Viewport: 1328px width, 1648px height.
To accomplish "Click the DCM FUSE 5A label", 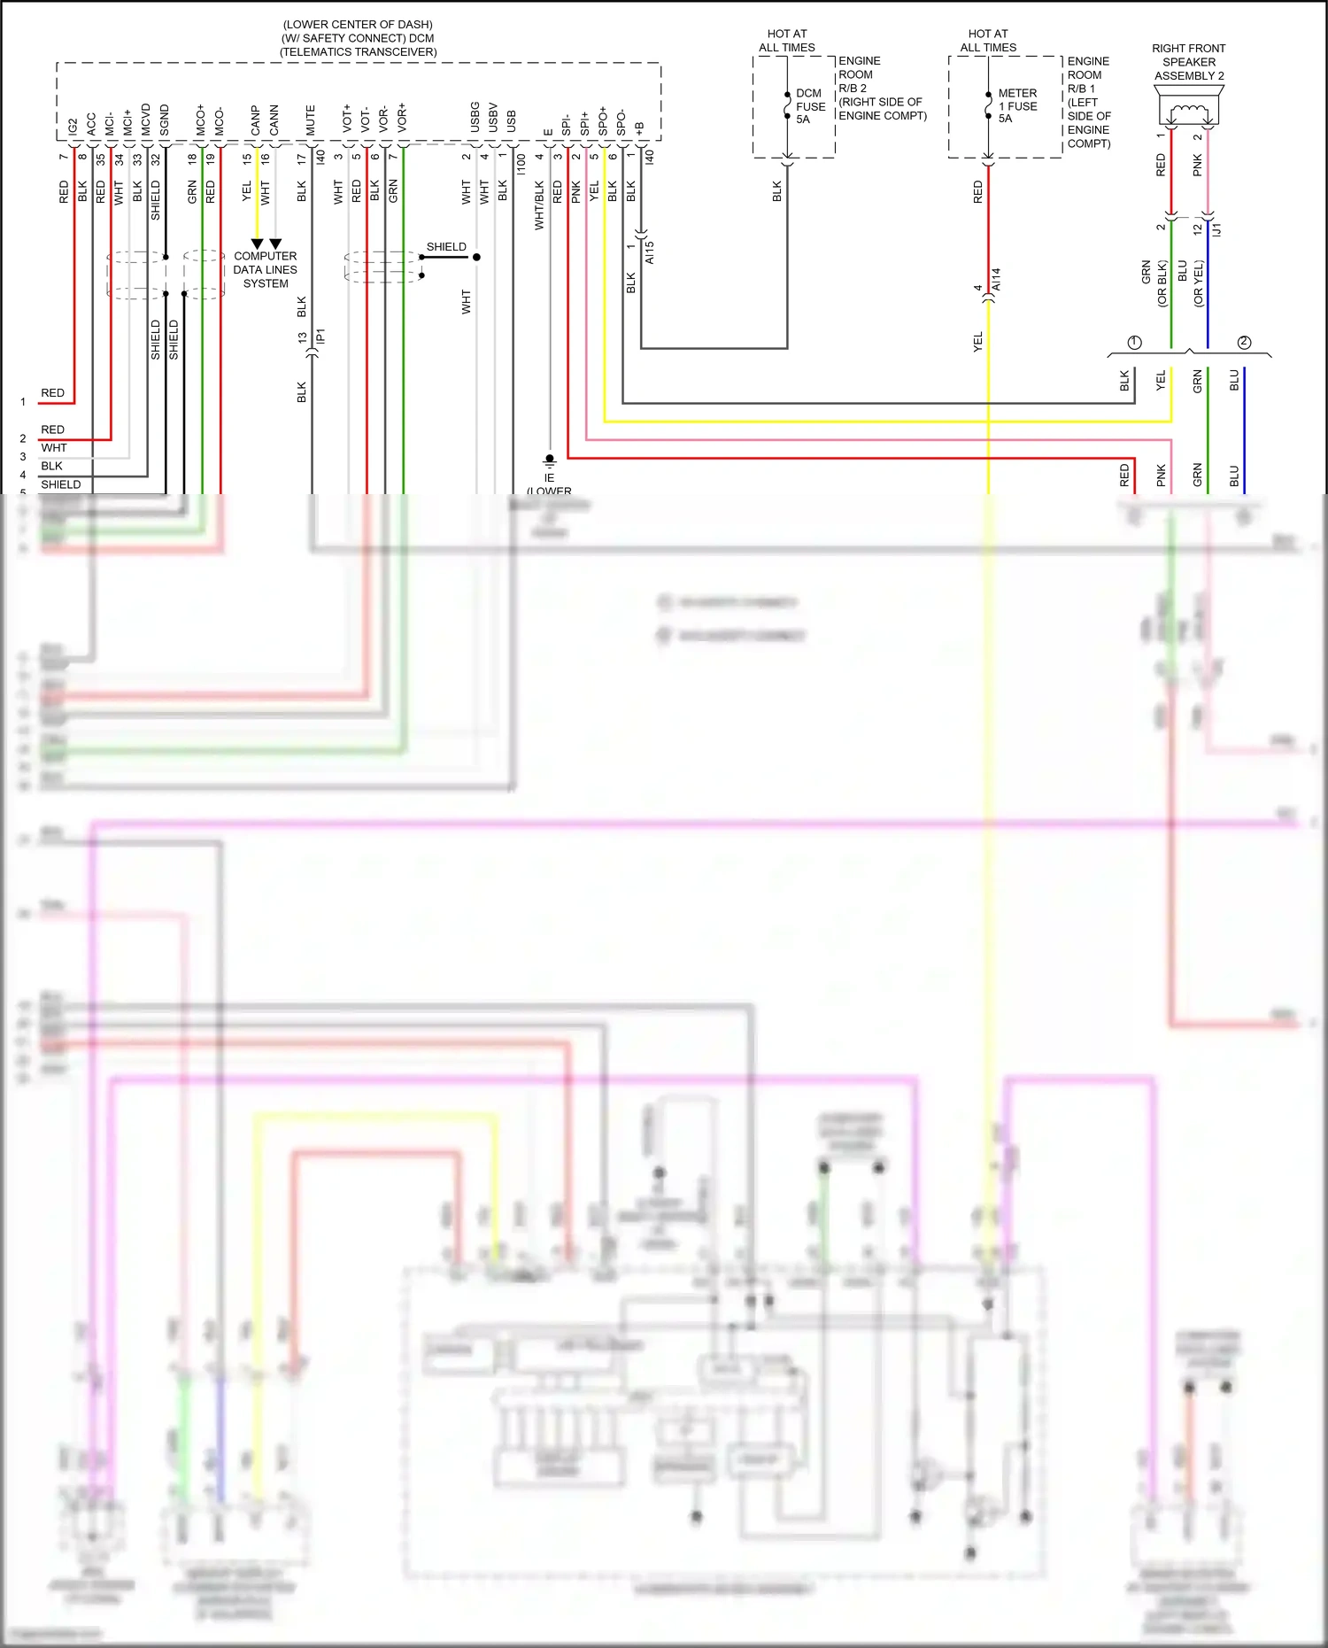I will (x=809, y=106).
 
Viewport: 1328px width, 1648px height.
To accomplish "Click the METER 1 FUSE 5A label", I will (x=1016, y=105).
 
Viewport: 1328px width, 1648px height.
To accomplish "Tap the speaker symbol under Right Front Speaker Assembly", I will (x=1189, y=113).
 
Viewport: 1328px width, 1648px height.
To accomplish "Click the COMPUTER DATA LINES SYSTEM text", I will (x=266, y=270).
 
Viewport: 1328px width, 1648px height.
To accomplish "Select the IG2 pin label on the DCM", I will (x=73, y=126).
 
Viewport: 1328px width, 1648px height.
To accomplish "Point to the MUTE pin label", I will (x=311, y=120).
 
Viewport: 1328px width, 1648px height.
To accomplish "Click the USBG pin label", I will (x=475, y=118).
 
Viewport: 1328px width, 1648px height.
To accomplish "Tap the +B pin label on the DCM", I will (x=639, y=128).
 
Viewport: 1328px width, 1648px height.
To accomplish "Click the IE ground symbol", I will (x=549, y=462).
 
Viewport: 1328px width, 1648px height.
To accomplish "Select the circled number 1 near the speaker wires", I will (x=1135, y=343).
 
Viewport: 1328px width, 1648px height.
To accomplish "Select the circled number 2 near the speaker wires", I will (x=1244, y=343).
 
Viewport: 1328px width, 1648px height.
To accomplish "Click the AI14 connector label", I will (x=997, y=280).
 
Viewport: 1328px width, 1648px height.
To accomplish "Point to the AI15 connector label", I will (x=650, y=252).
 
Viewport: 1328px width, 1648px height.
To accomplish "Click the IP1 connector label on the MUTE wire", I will (x=321, y=336).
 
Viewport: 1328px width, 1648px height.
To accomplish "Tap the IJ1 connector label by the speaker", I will (x=1217, y=229).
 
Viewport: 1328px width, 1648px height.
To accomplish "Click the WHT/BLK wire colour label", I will (x=539, y=205).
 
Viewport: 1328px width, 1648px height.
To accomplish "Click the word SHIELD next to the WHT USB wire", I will (x=446, y=247).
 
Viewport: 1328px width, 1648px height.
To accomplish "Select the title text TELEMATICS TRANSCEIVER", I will (x=359, y=52).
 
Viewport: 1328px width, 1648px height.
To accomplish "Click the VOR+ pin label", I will (x=403, y=118).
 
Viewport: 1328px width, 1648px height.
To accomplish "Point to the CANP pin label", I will (x=256, y=120).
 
